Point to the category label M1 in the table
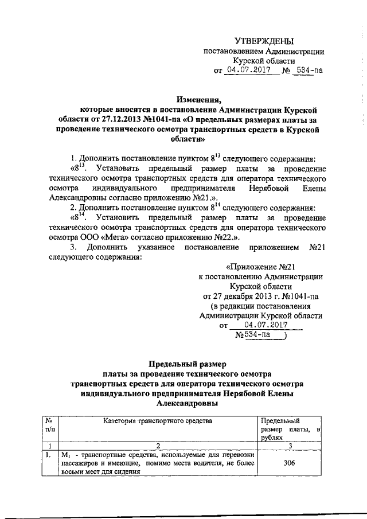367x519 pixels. point(65,455)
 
